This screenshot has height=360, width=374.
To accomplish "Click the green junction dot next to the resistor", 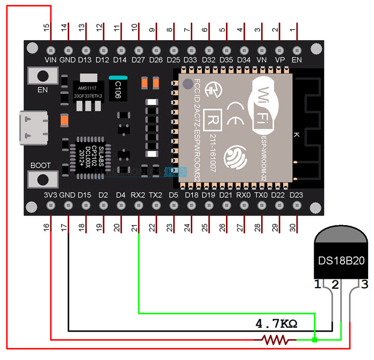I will pyautogui.click(x=315, y=339).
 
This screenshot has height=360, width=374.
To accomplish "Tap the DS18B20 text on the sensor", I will pyautogui.click(x=341, y=262).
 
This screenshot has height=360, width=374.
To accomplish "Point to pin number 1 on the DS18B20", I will pyautogui.click(x=318, y=284).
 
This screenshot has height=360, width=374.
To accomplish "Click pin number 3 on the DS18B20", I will pyautogui.click(x=364, y=284).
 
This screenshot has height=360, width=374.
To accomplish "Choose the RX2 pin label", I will pyautogui.click(x=138, y=195).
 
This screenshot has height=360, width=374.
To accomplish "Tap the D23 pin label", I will pyautogui.click(x=295, y=195).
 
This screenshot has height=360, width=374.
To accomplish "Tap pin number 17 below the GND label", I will pyautogui.click(x=68, y=227).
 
